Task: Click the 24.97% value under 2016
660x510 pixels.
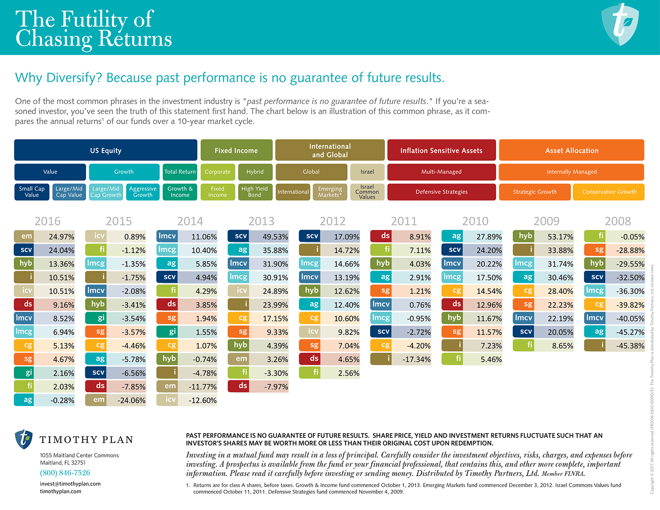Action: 61,237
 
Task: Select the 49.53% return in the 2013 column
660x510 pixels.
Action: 275,237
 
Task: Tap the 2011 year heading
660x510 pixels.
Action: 404,221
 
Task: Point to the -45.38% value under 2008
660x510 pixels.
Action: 630,346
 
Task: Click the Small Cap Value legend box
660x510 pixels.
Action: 31,192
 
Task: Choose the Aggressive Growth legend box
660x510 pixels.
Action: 143,192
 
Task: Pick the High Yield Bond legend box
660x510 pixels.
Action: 254,192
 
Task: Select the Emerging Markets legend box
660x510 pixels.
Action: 330,192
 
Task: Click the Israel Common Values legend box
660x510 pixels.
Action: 367,192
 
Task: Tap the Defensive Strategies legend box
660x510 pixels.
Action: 441,192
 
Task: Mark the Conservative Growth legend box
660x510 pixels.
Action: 609,192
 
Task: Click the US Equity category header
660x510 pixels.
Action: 106,150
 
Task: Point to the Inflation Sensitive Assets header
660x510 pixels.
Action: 441,150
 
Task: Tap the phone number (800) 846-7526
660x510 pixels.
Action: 65,473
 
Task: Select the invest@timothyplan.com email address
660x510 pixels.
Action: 70,484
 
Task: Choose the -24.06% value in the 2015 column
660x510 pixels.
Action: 131,400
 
